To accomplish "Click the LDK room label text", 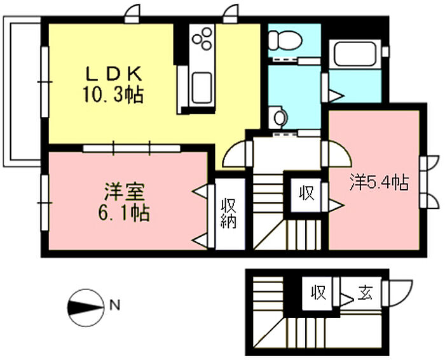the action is [114, 74].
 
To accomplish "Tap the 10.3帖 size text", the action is [113, 95].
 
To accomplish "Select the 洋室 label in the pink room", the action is [124, 191].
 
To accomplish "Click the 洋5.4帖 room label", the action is [379, 183].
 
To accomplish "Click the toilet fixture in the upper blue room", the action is [285, 40].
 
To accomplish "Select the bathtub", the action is [355, 54].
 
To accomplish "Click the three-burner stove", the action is [202, 38].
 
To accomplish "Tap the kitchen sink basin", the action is [202, 88].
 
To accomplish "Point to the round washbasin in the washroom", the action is [278, 117].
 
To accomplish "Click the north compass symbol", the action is [85, 307].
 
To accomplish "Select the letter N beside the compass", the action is [114, 305].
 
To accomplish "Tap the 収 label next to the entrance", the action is [318, 292].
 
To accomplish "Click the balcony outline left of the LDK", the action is [7, 91].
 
